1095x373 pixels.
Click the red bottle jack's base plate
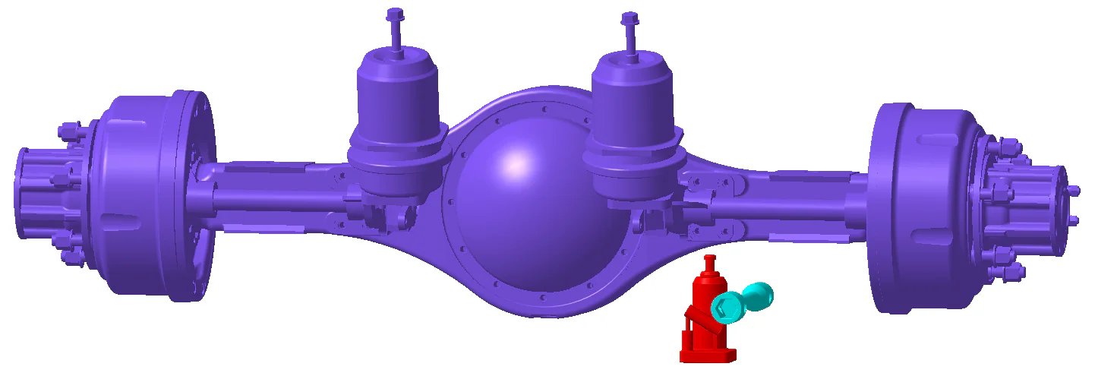[x=708, y=354]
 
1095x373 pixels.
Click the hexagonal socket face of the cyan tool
[x=725, y=308]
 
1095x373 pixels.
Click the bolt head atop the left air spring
[x=395, y=14]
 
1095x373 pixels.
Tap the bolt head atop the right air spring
[x=629, y=17]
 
